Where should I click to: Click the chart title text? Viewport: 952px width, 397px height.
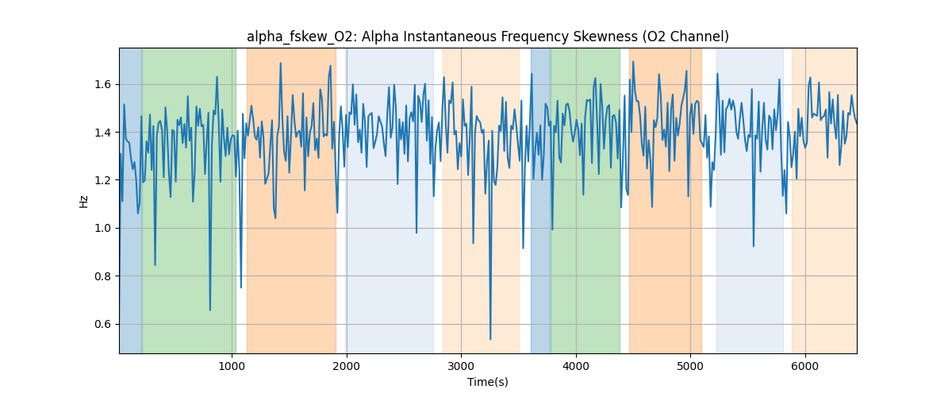[x=487, y=37]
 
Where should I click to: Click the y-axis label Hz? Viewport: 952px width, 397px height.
[x=84, y=201]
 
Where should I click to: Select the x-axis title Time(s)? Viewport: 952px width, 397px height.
[x=487, y=382]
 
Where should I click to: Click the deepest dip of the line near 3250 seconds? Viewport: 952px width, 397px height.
[x=490, y=340]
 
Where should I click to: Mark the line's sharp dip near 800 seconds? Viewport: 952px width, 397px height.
[x=210, y=310]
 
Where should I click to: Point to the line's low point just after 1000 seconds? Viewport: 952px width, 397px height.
[x=241, y=287]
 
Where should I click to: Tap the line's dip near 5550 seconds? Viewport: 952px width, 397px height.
[x=754, y=246]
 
